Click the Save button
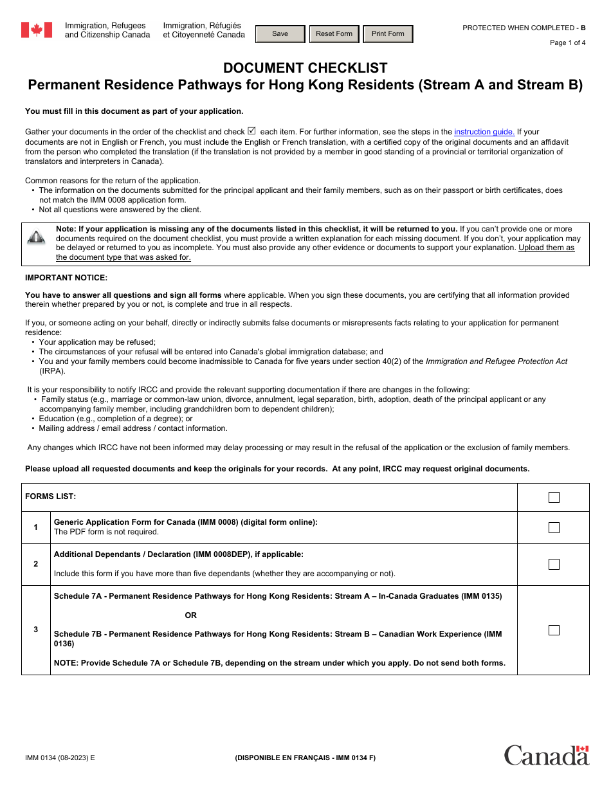pyautogui.click(x=280, y=34)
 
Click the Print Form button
pyautogui.click(x=388, y=34)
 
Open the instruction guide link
pyautogui.click(x=484, y=132)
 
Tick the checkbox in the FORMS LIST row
pyautogui.click(x=554, y=497)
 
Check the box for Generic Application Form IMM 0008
pyautogui.click(x=554, y=527)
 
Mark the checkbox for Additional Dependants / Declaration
pyautogui.click(x=554, y=564)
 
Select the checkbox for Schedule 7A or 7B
pyautogui.click(x=554, y=630)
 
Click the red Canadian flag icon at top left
pyautogui.click(x=37, y=30)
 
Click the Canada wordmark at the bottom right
pyautogui.click(x=546, y=755)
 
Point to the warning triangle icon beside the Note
pyautogui.click(x=36, y=237)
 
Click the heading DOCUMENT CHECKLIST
pyautogui.click(x=305, y=68)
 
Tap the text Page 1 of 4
pyautogui.click(x=567, y=43)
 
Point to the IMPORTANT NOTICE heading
pyautogui.click(x=66, y=278)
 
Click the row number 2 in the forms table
pyautogui.click(x=36, y=564)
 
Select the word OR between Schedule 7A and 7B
pyautogui.click(x=191, y=615)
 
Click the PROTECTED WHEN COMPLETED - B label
pyautogui.click(x=524, y=28)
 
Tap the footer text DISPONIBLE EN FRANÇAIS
pyautogui.click(x=305, y=758)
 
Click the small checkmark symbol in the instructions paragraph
pyautogui.click(x=251, y=131)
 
